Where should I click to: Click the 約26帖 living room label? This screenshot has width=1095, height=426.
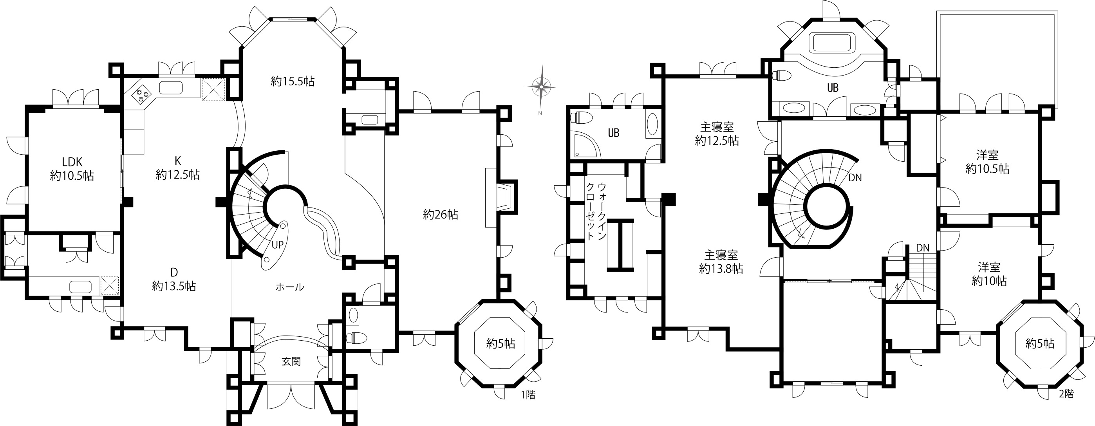[440, 215]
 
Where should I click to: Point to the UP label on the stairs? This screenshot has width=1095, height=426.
[278, 245]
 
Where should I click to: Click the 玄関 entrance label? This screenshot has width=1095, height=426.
[291, 361]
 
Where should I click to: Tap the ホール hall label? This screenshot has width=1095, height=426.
[290, 287]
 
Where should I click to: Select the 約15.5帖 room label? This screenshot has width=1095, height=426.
[293, 81]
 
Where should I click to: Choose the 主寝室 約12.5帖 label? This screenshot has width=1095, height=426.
[717, 134]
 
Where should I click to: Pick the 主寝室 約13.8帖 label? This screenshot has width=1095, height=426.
[721, 262]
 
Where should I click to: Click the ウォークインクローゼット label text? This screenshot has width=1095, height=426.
[596, 212]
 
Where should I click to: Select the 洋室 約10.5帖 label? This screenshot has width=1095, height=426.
[987, 162]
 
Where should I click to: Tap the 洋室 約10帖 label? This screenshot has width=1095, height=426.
[989, 274]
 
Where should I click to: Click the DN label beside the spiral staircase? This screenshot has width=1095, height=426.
[855, 178]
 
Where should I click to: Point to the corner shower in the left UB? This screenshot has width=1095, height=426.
[585, 145]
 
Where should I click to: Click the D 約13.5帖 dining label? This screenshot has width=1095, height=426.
[174, 279]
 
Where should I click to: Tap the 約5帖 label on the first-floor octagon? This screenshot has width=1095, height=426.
[501, 343]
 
